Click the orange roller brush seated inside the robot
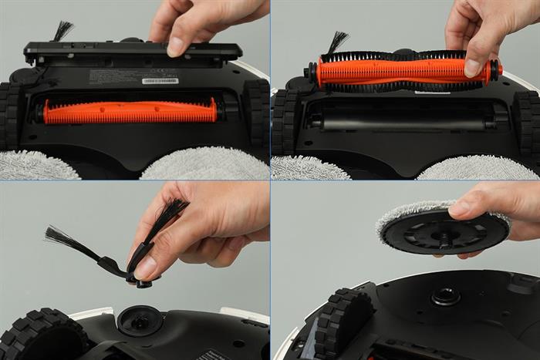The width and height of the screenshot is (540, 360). point(130,111)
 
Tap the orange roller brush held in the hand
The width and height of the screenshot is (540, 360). point(401,71)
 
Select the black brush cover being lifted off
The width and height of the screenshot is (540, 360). point(131,52)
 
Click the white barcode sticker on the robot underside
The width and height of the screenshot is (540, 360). point(160,81)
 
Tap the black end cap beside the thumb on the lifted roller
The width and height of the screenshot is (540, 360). point(493,71)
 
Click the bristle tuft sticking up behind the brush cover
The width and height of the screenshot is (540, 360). point(62,31)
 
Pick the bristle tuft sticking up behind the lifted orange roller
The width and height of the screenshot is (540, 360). point(337,42)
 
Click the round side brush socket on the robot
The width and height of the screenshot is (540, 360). point(140,320)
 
